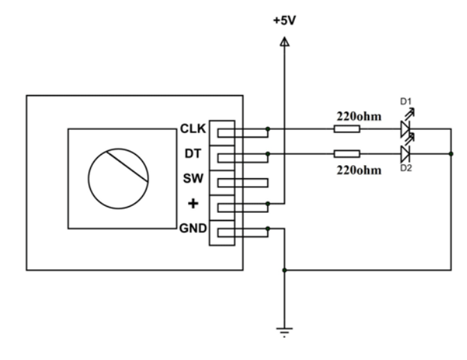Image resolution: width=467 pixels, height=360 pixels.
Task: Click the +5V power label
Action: pos(284,22)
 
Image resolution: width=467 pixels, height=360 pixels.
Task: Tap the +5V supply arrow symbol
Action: pos(284,42)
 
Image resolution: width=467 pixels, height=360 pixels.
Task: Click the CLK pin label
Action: pos(194,128)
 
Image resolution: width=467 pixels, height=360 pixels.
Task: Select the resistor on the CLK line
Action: pos(346,129)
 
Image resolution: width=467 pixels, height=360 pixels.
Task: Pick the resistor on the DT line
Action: pos(346,154)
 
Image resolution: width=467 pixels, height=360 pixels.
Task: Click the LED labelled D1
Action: pos(406,128)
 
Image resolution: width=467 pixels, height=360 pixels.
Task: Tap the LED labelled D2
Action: pos(406,153)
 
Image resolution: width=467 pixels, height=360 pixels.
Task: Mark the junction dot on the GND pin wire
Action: pos(268,228)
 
